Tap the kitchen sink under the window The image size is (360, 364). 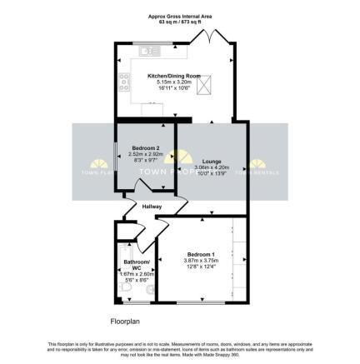coord(151,52)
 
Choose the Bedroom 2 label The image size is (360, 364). coord(145,147)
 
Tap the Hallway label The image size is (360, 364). coord(152,207)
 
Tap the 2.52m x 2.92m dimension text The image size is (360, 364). coord(145,154)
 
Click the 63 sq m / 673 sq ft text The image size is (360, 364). coord(179,22)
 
